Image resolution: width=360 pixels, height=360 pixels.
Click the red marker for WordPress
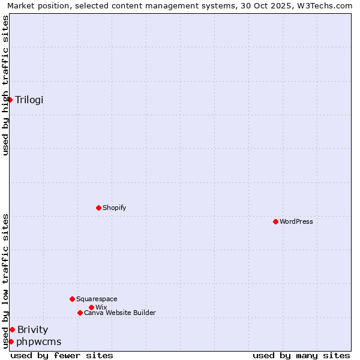click(275, 221)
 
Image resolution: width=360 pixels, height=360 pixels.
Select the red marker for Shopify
click(98, 208)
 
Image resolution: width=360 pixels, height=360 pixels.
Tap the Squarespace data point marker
click(72, 299)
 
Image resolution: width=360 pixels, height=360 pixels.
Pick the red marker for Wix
click(91, 307)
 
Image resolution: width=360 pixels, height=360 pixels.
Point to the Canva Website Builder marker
click(80, 313)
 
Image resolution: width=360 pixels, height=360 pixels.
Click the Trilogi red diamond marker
click(10, 100)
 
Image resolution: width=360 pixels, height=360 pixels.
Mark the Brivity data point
click(12, 329)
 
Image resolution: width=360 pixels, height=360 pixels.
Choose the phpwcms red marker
click(11, 341)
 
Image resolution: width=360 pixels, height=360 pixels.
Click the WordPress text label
click(296, 221)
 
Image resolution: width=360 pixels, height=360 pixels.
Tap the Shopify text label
click(114, 208)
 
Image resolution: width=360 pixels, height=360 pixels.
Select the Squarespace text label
click(97, 299)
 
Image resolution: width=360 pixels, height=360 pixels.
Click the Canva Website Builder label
click(120, 313)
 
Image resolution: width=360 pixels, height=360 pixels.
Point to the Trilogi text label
click(29, 100)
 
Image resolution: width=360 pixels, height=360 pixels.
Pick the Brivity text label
click(33, 329)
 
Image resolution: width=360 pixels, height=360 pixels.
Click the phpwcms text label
click(39, 341)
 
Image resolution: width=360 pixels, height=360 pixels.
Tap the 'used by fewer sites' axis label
click(62, 355)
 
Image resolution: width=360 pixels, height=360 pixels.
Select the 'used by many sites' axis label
click(301, 355)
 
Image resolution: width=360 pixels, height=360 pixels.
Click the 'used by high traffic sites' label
click(5, 85)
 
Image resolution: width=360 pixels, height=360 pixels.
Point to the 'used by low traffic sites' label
click(5, 281)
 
